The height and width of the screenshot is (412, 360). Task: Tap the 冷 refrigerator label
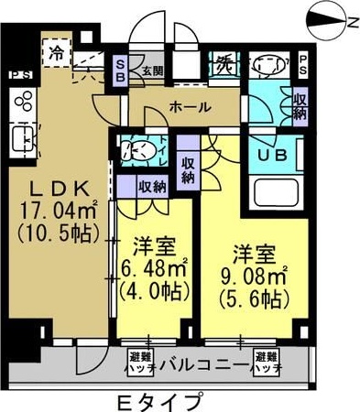pos(58,53)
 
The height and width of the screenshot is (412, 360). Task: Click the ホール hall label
pos(189,107)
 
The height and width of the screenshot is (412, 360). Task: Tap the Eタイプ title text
pos(162,400)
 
